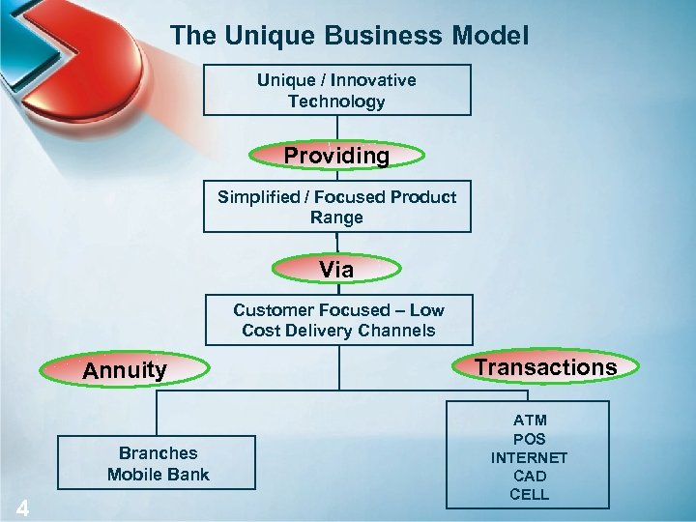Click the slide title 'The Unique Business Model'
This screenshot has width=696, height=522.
click(x=349, y=37)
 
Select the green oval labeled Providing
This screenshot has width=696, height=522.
click(x=336, y=156)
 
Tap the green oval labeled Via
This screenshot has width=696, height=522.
click(x=336, y=270)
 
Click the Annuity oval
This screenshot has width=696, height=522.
click(x=125, y=370)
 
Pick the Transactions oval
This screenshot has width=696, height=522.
click(x=546, y=367)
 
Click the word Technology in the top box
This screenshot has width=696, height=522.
click(x=336, y=101)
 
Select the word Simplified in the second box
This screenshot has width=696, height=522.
click(x=258, y=197)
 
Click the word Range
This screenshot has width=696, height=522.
click(x=336, y=218)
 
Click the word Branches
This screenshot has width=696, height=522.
click(x=158, y=453)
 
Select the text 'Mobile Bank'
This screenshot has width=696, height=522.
click(x=158, y=475)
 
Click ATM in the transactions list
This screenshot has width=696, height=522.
click(x=529, y=420)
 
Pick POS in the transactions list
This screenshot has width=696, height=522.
click(x=529, y=439)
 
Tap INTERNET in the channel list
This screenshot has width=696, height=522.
click(x=529, y=458)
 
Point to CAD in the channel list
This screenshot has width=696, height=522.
click(x=529, y=477)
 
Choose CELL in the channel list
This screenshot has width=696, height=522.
click(x=529, y=495)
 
